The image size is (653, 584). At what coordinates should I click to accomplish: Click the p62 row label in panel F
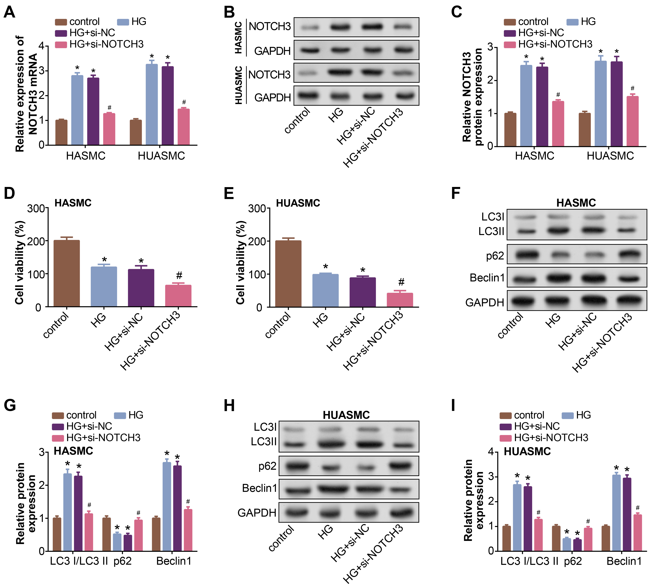click(x=495, y=256)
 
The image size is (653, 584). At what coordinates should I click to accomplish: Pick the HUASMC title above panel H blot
click(x=346, y=415)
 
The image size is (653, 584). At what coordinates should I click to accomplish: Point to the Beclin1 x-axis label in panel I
click(x=624, y=561)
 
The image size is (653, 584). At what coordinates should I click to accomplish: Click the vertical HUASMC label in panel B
click(x=238, y=85)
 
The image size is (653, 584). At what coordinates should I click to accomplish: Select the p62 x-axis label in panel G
click(x=122, y=561)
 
